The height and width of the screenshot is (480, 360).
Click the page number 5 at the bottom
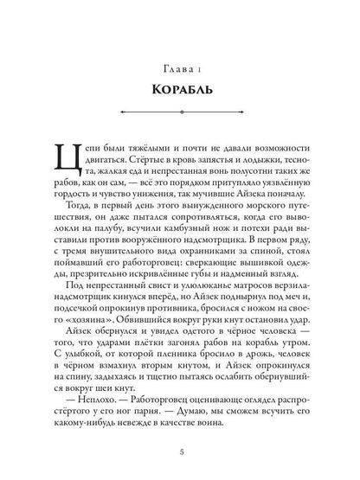click(180, 448)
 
